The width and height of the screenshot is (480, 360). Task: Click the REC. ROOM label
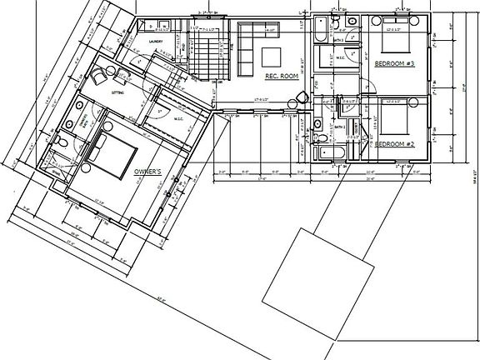(x=282, y=76)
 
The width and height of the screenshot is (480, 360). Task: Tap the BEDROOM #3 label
(x=394, y=63)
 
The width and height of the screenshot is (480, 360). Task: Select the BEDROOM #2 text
(x=394, y=144)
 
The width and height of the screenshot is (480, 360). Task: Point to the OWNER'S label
(x=152, y=172)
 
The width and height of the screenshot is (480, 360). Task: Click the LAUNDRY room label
(x=154, y=41)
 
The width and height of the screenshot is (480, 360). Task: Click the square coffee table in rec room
(x=272, y=57)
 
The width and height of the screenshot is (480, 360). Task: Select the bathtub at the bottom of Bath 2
(x=322, y=152)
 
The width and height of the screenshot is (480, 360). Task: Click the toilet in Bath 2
(x=319, y=127)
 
